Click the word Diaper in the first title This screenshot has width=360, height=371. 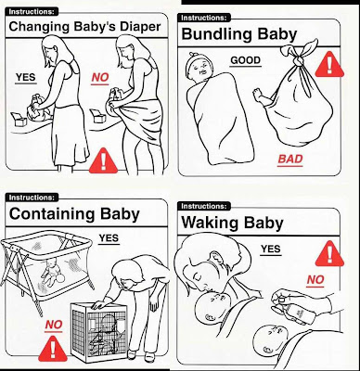(140, 27)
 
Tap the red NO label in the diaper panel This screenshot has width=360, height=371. (100, 78)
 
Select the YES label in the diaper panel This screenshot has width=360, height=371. (26, 77)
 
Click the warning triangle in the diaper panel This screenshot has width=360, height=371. (103, 160)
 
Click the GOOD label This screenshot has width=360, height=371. (246, 60)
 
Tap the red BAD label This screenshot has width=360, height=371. (289, 160)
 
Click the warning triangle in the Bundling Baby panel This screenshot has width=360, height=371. (329, 65)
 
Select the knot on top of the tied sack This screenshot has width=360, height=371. (298, 60)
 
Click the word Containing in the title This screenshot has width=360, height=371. (52, 214)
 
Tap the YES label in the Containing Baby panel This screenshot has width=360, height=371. (109, 238)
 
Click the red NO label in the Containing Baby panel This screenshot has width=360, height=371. (54, 325)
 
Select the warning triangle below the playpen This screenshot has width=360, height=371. (53, 349)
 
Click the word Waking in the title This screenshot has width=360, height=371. (210, 223)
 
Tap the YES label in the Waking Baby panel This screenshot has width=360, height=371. (271, 249)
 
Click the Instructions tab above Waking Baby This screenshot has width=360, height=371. (204, 206)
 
